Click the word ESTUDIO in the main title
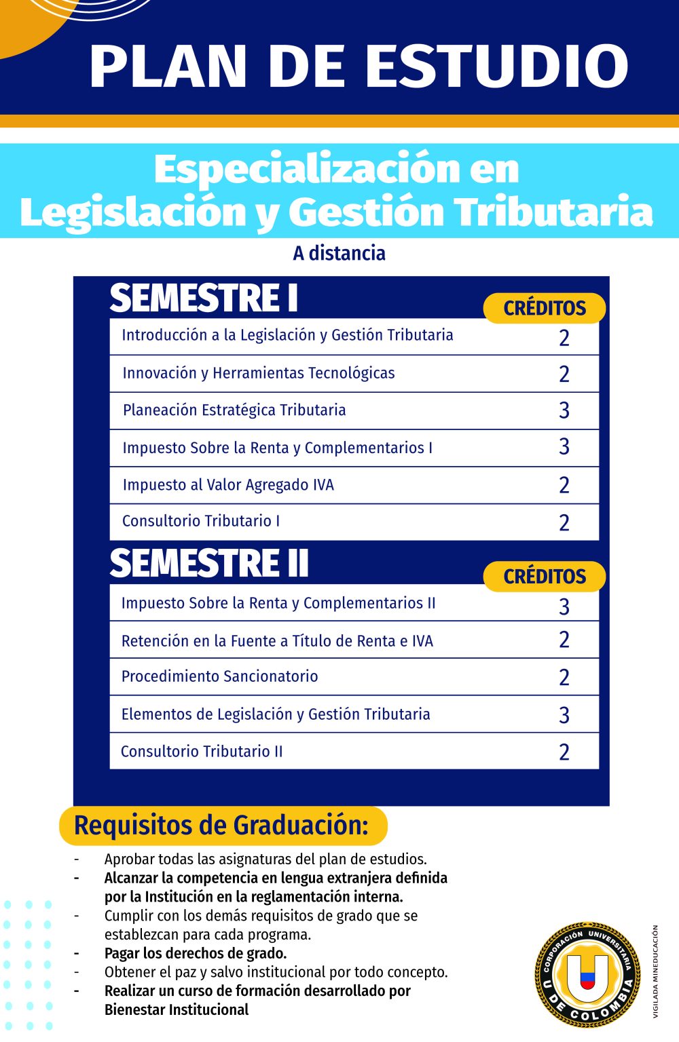click(497, 66)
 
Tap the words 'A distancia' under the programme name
click(339, 253)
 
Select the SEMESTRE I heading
click(204, 298)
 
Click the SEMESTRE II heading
click(209, 564)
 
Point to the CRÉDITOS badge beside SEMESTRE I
click(545, 308)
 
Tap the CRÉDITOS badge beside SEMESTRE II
click(545, 576)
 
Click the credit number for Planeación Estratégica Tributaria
click(564, 410)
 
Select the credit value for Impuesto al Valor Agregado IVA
click(564, 485)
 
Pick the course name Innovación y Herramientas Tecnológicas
click(259, 373)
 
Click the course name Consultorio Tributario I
click(201, 521)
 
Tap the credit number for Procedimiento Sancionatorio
click(564, 677)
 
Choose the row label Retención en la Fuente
click(277, 641)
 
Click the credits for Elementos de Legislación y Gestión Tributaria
click(564, 715)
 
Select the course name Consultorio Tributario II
click(202, 752)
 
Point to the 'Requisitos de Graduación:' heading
click(221, 826)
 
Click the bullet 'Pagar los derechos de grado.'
click(196, 953)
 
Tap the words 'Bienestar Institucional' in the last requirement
click(177, 1009)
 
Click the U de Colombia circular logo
click(588, 975)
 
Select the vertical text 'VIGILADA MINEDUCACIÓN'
click(655, 971)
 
